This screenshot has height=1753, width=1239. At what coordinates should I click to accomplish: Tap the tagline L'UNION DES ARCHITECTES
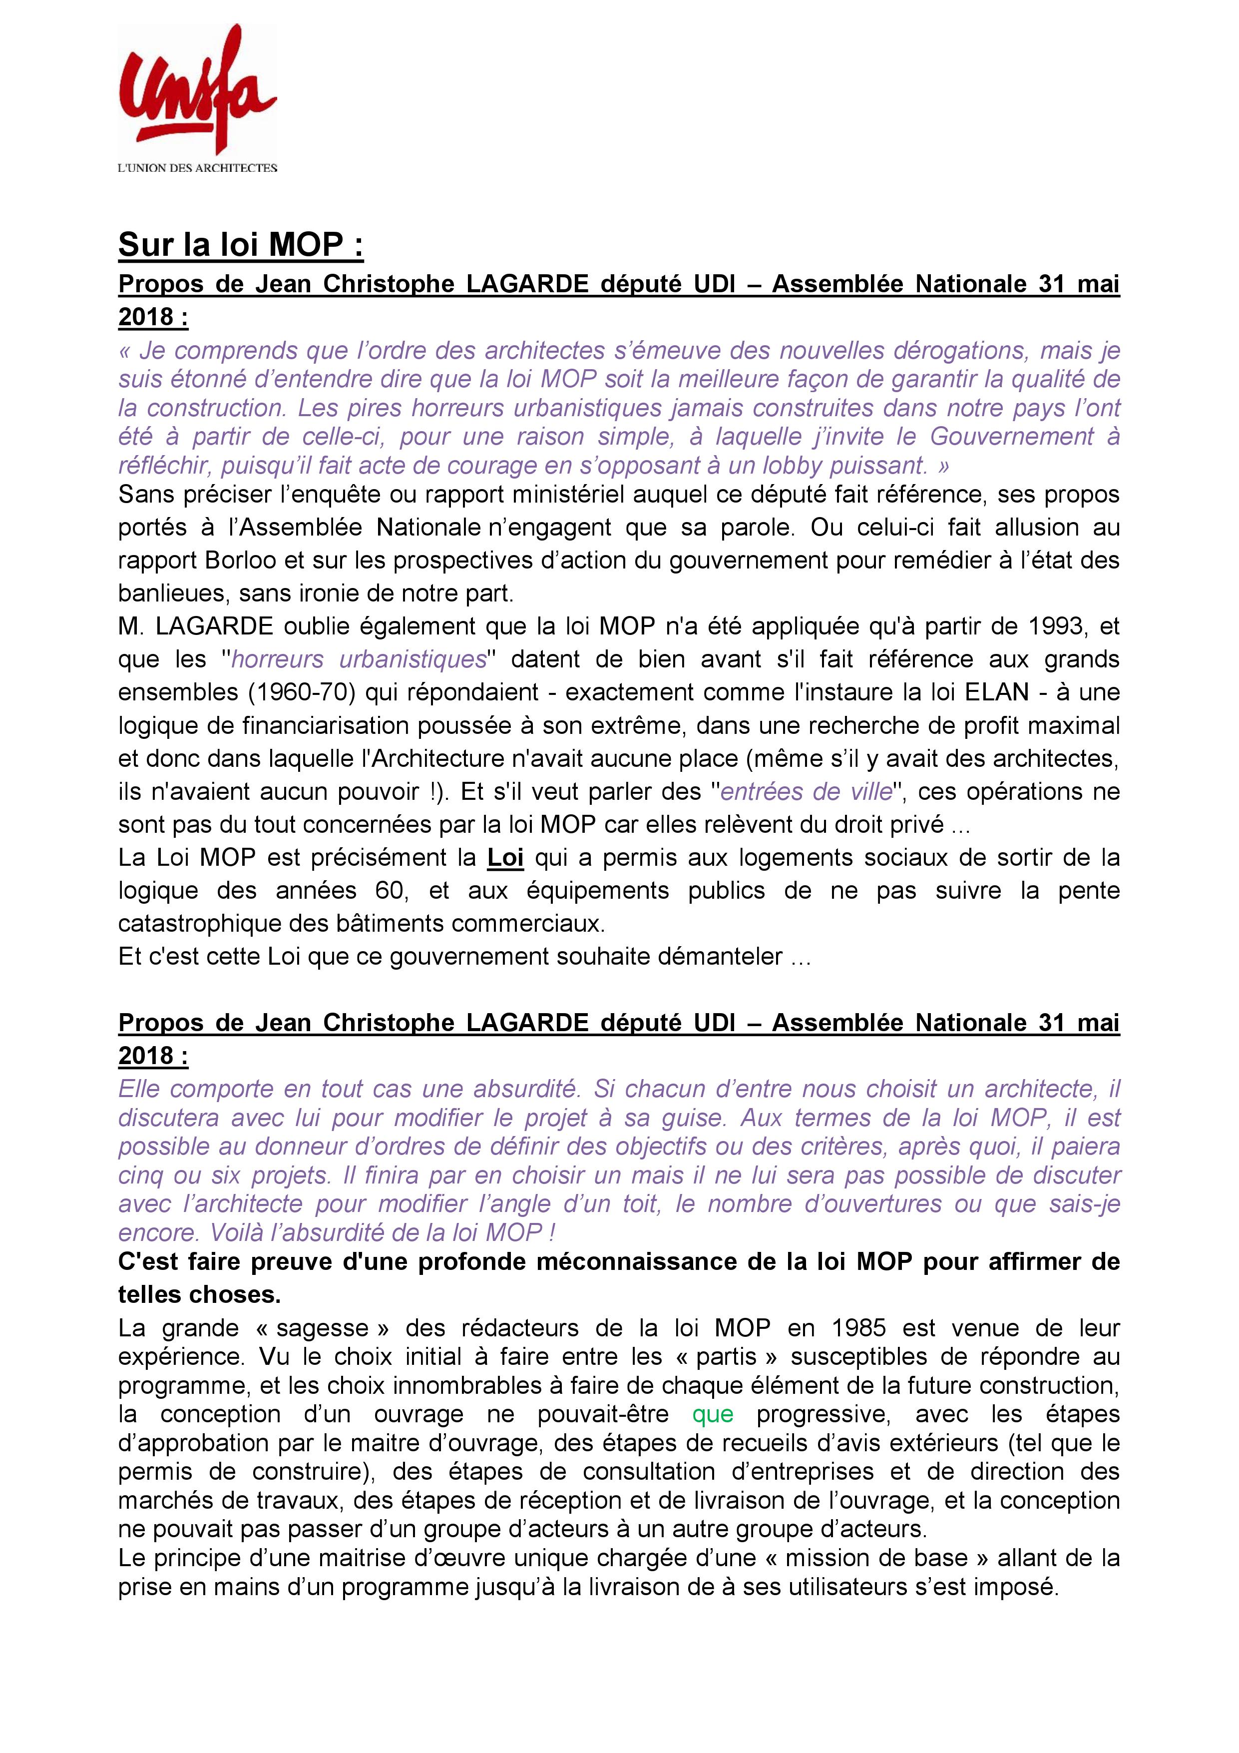tap(197, 168)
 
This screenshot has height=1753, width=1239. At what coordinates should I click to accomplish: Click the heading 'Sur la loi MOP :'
tap(241, 245)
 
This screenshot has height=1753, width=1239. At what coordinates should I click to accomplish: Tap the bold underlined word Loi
tap(505, 857)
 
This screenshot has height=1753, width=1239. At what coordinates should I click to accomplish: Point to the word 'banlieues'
tap(171, 593)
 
